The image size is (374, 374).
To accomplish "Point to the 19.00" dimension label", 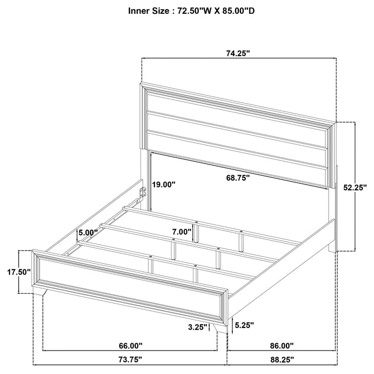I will (x=163, y=184).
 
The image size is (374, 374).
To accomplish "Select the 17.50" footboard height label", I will (x=19, y=271).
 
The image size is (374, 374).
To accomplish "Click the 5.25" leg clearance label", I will (x=244, y=324).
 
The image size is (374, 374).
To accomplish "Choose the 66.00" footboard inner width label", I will (x=130, y=346).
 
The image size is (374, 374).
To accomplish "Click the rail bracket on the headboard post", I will (x=142, y=193).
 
